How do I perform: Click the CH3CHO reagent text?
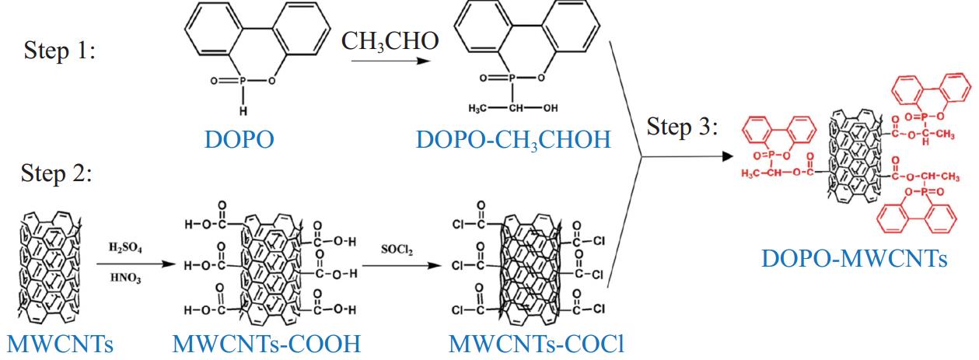390,41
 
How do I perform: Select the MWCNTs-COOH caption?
267,343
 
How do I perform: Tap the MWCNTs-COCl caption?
537,343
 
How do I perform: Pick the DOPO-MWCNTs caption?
855,258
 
